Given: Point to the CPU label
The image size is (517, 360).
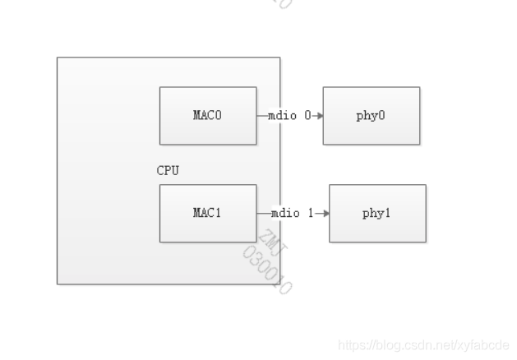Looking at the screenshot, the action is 168,171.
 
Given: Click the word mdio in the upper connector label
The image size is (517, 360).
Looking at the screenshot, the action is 284,116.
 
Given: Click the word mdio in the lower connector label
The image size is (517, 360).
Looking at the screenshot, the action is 287,214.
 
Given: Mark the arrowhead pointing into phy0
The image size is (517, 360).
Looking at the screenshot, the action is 319,116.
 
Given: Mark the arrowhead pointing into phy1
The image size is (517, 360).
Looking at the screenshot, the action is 325,214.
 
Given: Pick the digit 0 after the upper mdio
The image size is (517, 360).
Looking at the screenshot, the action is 307,116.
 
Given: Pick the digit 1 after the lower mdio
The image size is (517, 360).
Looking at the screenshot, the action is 311,214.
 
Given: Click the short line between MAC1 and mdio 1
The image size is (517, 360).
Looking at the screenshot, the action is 263,214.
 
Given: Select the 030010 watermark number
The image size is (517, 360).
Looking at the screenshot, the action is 268,271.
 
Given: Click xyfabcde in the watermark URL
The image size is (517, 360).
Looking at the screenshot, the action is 485,345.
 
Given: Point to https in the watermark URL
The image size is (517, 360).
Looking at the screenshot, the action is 352,345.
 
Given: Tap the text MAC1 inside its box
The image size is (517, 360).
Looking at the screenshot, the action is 207,214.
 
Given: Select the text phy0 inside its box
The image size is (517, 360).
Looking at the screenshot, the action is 371,116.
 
